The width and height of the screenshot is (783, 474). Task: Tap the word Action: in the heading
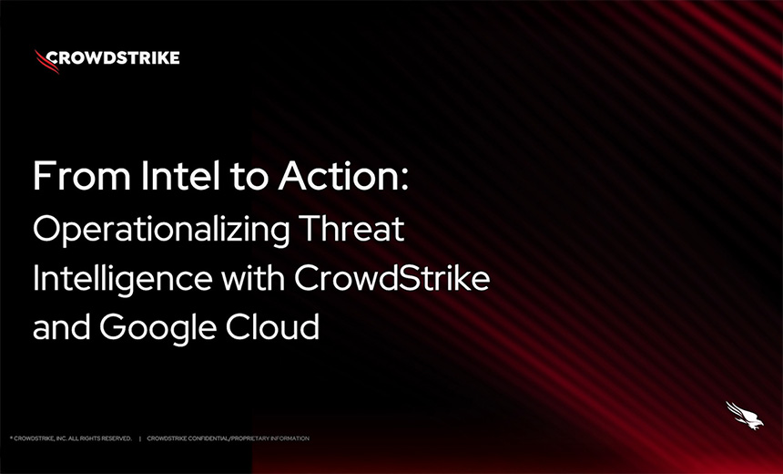[x=343, y=176]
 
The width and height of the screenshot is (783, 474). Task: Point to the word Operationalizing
[x=161, y=230]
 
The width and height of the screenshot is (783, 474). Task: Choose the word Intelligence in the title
[x=122, y=280]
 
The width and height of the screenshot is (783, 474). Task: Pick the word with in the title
[x=253, y=278]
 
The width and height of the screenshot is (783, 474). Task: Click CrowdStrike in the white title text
[x=392, y=278]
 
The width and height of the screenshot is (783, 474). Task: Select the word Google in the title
[x=158, y=328]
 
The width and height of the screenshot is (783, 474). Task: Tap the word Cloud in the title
[x=272, y=326]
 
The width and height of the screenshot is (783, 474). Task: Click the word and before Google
[x=62, y=327]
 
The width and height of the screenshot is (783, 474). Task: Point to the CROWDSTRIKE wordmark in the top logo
[x=113, y=58]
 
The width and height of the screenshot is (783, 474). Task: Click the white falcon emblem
[x=745, y=416]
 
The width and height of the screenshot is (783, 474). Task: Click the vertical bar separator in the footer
[x=140, y=438]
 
